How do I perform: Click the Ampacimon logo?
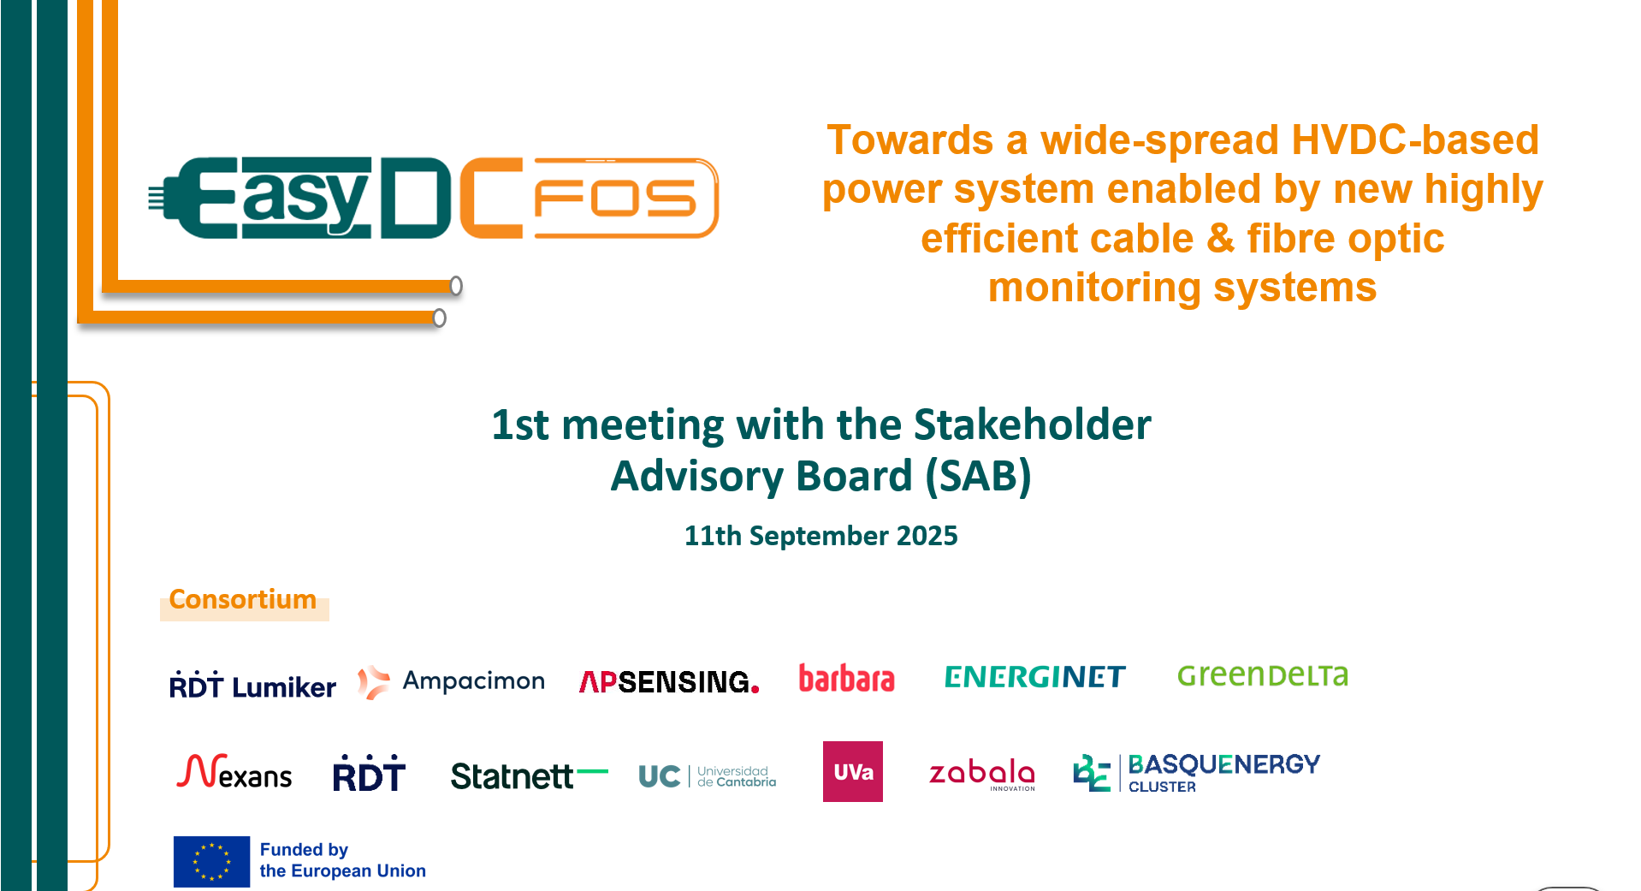[x=451, y=682]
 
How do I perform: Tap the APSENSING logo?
[x=669, y=682]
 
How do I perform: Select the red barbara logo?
[x=846, y=678]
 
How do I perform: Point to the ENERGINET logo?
[x=1034, y=677]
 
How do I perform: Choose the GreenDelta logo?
[x=1263, y=675]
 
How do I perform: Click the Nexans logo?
[x=234, y=772]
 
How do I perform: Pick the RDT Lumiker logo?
[x=252, y=686]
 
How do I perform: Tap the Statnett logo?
[x=529, y=775]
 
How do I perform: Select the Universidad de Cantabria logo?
[x=707, y=776]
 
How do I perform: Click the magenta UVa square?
[x=853, y=771]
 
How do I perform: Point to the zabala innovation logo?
[x=982, y=774]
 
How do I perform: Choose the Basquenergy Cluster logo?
[x=1196, y=773]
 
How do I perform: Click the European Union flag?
[x=211, y=862]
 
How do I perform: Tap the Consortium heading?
[x=243, y=599]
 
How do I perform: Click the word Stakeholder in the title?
[x=1033, y=425]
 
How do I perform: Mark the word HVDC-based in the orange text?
[x=1415, y=140]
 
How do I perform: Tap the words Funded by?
[x=304, y=850]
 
